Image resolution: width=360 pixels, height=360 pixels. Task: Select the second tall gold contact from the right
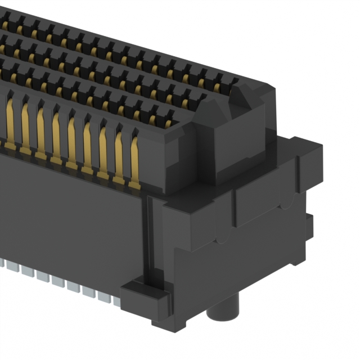[119, 155]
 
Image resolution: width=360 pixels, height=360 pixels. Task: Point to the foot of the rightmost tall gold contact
[133, 183]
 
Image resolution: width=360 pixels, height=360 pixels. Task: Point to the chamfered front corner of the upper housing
[174, 163]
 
